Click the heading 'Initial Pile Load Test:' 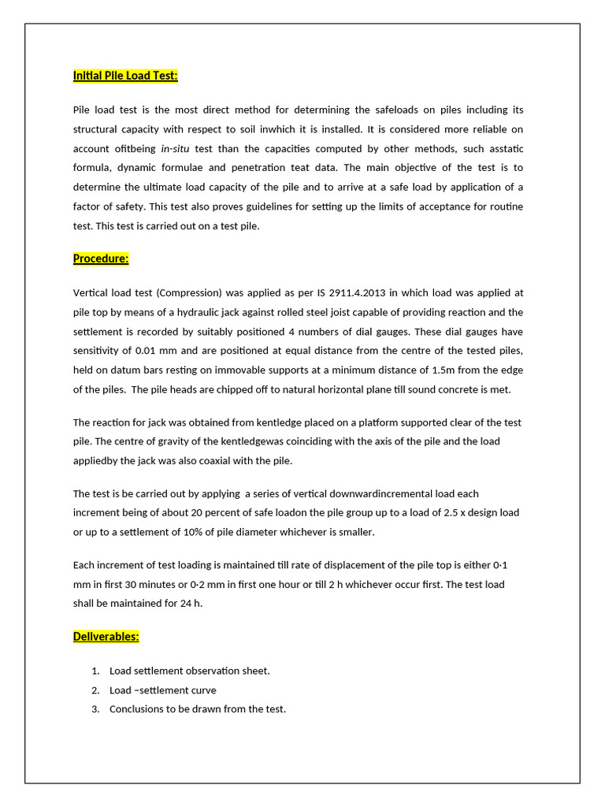click(125, 76)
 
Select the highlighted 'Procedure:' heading click(101, 258)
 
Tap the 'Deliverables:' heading click(106, 636)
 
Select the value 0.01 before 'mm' click(149, 351)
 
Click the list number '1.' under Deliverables click(95, 671)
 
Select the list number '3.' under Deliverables click(95, 708)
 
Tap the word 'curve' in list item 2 click(202, 690)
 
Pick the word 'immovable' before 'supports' click(236, 370)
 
